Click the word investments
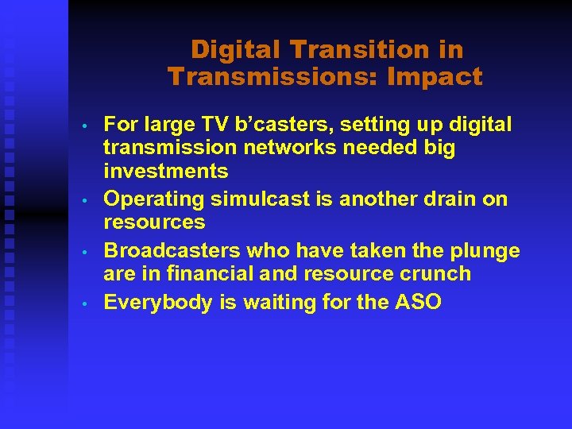pyautogui.click(x=166, y=172)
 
